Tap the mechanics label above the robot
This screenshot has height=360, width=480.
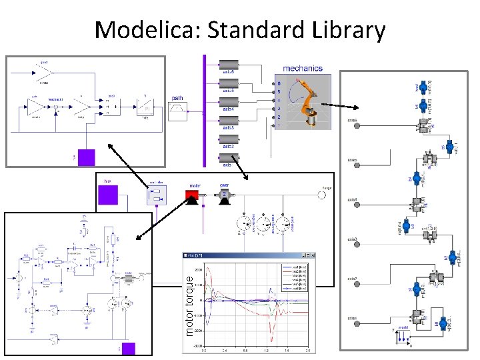(x=302, y=67)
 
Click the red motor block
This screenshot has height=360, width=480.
(x=193, y=197)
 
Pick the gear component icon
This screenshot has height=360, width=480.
(x=224, y=196)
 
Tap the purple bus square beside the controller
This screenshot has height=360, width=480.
(x=108, y=195)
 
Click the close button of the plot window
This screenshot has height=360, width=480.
(x=309, y=255)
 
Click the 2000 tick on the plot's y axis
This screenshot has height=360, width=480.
(x=197, y=264)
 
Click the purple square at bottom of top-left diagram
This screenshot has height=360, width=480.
(x=87, y=157)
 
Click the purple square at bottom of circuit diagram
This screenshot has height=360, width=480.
(x=127, y=349)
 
